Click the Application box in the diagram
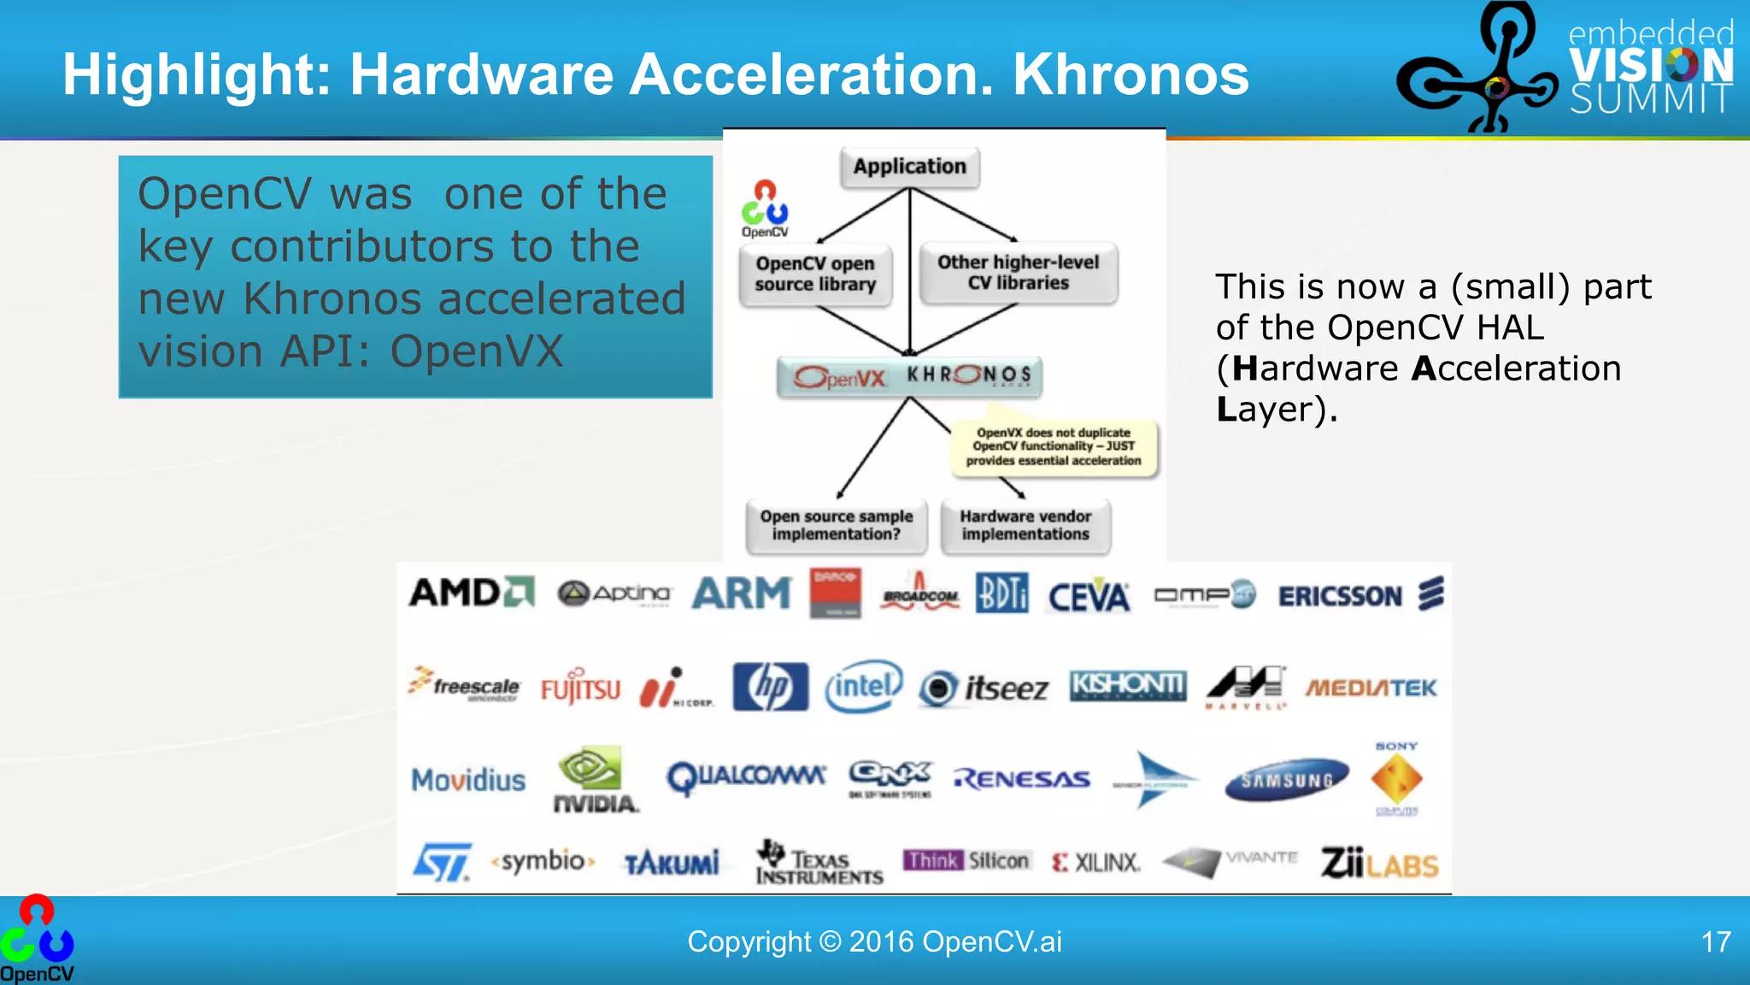[x=909, y=167]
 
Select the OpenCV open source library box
[x=815, y=274]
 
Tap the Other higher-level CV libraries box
[x=1018, y=273]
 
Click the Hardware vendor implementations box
[x=1025, y=525]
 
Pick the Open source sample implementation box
[x=836, y=525]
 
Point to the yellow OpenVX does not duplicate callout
[x=1054, y=446]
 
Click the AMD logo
[x=471, y=593]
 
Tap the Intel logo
[x=863, y=686]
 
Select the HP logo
[x=770, y=687]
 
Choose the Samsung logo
[x=1287, y=780]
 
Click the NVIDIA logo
[x=594, y=780]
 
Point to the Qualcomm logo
[x=746, y=777]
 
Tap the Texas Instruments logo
[x=818, y=862]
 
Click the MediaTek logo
[x=1371, y=687]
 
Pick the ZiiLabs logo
[x=1379, y=863]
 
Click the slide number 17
[x=1716, y=942]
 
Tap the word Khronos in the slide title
[x=1130, y=75]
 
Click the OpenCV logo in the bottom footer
[x=37, y=939]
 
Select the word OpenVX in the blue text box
[x=477, y=351]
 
